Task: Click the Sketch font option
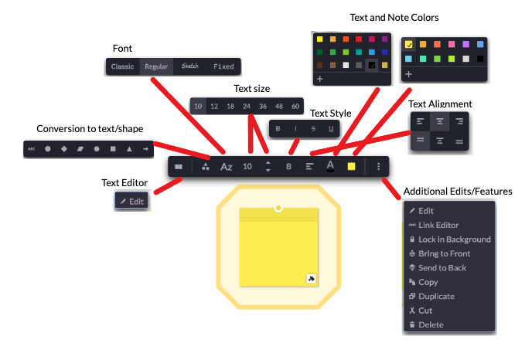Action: pyautogui.click(x=190, y=66)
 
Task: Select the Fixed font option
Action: pyautogui.click(x=223, y=66)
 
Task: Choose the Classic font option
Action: pyautogui.click(x=122, y=66)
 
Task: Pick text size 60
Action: pyautogui.click(x=295, y=106)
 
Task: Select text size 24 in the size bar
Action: pyautogui.click(x=247, y=106)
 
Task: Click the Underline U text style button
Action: pyautogui.click(x=332, y=128)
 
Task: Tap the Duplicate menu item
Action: pyautogui.click(x=436, y=296)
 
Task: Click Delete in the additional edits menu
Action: pyautogui.click(x=431, y=324)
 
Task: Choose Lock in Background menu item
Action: pyautogui.click(x=454, y=239)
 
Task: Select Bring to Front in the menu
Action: pyautogui.click(x=444, y=253)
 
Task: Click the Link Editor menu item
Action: pyautogui.click(x=438, y=225)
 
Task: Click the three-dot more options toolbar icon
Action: pyautogui.click(x=378, y=166)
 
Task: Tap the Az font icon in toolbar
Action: pyautogui.click(x=227, y=166)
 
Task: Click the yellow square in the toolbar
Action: pyautogui.click(x=351, y=166)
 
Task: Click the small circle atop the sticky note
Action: pyautogui.click(x=278, y=208)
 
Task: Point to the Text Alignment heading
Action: pyautogui.click(x=440, y=104)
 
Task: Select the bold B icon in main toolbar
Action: pyautogui.click(x=288, y=166)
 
